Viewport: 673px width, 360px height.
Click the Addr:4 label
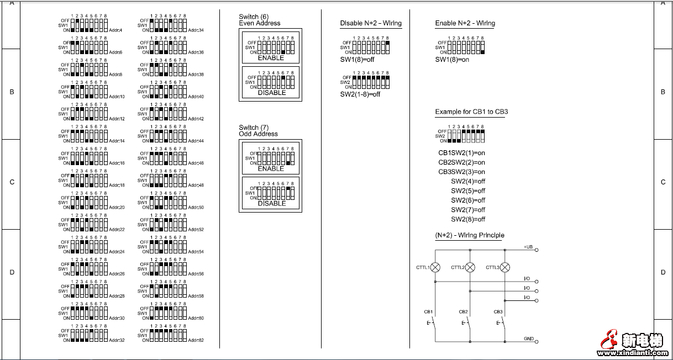[115, 30]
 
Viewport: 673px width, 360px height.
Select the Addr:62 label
[196, 340]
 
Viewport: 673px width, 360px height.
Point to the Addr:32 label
[117, 340]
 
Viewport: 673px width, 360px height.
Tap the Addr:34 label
[196, 30]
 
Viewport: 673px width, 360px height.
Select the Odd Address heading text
[258, 134]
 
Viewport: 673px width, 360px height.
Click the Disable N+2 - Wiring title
[371, 23]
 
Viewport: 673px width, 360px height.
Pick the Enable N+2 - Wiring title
[465, 23]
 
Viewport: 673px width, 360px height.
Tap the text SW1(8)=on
[452, 60]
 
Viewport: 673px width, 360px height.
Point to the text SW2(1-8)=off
[360, 94]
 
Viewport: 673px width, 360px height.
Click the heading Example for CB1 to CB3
[471, 112]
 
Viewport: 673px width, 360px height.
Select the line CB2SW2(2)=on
[461, 162]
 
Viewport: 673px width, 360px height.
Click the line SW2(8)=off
[468, 219]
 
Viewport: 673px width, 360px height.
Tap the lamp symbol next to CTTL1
[435, 267]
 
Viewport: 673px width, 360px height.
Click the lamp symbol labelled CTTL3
[504, 267]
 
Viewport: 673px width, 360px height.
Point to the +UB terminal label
[528, 247]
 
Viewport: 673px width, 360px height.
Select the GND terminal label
[529, 338]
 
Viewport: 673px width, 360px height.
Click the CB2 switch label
[463, 312]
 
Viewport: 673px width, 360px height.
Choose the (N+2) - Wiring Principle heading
[470, 236]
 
